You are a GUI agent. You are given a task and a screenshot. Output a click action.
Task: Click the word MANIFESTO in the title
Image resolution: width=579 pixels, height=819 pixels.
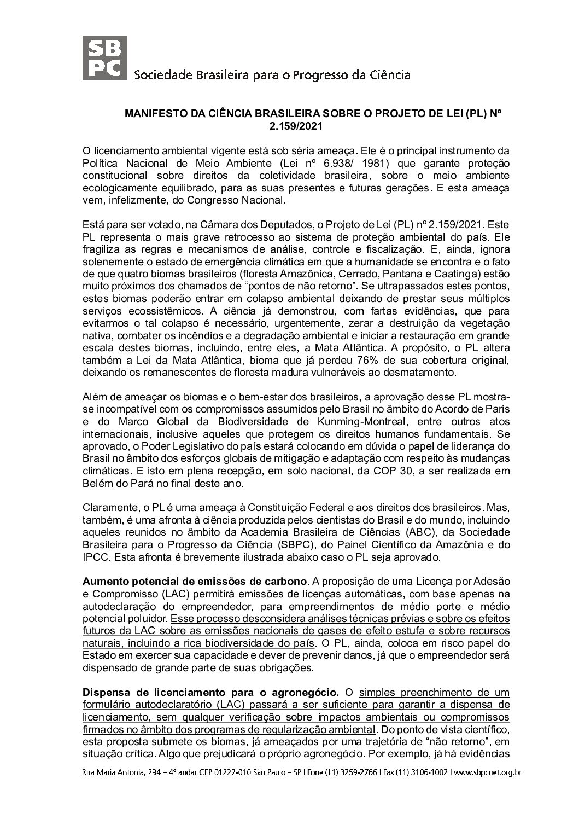[x=154, y=114]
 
